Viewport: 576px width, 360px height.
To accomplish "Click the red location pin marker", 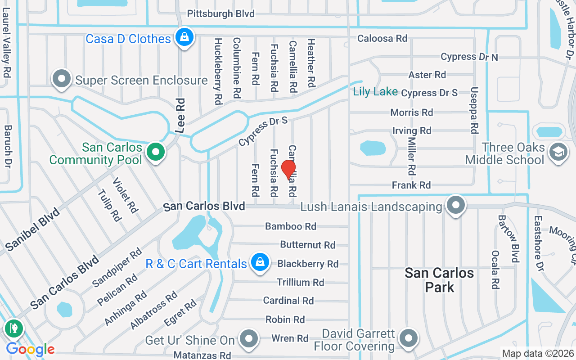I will (288, 170).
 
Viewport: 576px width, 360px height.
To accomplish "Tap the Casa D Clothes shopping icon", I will (184, 37).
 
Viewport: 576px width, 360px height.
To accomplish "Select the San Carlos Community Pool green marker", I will (156, 152).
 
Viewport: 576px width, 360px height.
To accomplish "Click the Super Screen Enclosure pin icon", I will (62, 79).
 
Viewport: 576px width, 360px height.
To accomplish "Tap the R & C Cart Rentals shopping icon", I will (260, 262).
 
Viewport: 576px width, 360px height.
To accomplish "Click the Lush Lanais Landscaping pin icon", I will (456, 205).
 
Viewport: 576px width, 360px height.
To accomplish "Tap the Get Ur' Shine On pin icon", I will (248, 338).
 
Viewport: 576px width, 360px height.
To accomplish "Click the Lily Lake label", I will (375, 92).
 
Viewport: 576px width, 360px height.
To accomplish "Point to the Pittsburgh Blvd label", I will (220, 13).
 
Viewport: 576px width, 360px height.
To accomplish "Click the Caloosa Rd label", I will (382, 39).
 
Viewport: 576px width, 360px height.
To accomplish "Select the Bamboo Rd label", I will (291, 226).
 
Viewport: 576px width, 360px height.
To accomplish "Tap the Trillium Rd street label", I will (300, 282).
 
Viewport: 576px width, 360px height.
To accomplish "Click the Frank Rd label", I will (411, 185).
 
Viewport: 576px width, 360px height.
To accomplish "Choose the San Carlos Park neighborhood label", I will (439, 279).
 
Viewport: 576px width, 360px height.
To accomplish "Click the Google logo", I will (30, 349).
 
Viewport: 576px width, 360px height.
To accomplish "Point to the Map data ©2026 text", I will (537, 354).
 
